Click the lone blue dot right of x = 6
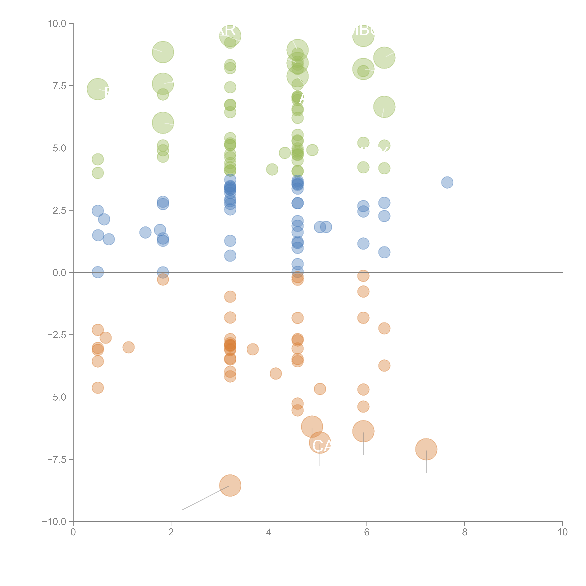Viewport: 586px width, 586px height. pos(447,182)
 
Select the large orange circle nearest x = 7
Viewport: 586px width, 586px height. pos(426,449)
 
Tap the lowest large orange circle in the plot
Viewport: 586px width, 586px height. pos(230,485)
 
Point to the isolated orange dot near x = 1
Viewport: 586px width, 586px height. pos(129,347)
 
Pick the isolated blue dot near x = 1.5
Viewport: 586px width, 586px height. pos(145,232)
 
